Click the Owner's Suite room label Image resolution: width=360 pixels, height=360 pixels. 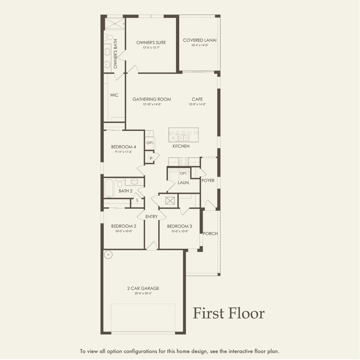(x=151, y=43)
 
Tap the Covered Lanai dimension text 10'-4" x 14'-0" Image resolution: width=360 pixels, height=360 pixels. (x=200, y=45)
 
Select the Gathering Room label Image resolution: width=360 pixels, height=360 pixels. (x=152, y=99)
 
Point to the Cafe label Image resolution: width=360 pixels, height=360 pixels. (x=197, y=99)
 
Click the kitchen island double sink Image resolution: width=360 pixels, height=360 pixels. (x=183, y=138)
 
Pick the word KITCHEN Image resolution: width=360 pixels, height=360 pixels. (x=181, y=146)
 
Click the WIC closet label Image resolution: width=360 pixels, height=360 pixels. (x=114, y=95)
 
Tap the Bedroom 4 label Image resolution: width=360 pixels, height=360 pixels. (x=123, y=147)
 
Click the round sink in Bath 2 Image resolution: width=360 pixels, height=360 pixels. (x=134, y=182)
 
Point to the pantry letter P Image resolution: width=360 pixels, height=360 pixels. (x=151, y=159)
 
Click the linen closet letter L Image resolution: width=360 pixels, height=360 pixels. (x=137, y=200)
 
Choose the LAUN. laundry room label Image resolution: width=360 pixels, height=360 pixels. (x=183, y=183)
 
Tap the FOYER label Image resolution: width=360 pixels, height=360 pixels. (x=208, y=181)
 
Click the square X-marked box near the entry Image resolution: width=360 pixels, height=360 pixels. (x=170, y=201)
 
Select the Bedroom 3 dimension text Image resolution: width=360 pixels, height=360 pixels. (x=179, y=231)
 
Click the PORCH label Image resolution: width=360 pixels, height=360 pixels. (x=210, y=234)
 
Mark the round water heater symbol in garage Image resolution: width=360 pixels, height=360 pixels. (x=108, y=255)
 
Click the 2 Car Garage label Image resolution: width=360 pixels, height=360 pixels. (x=143, y=288)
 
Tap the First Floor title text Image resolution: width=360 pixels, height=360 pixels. (x=228, y=313)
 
